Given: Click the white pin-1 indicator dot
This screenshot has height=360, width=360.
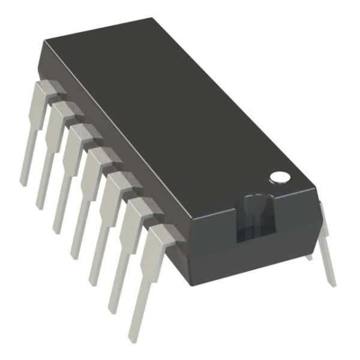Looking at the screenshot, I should click(x=280, y=177).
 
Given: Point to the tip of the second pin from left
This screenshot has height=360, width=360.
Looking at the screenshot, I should click(x=40, y=205).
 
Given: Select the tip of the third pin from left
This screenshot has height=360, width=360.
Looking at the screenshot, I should click(x=57, y=230).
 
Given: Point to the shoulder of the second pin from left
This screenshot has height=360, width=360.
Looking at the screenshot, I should click(x=61, y=112).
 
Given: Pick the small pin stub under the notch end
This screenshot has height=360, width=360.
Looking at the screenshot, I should click(x=308, y=257).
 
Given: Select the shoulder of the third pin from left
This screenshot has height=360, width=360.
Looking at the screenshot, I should click(x=77, y=134).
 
